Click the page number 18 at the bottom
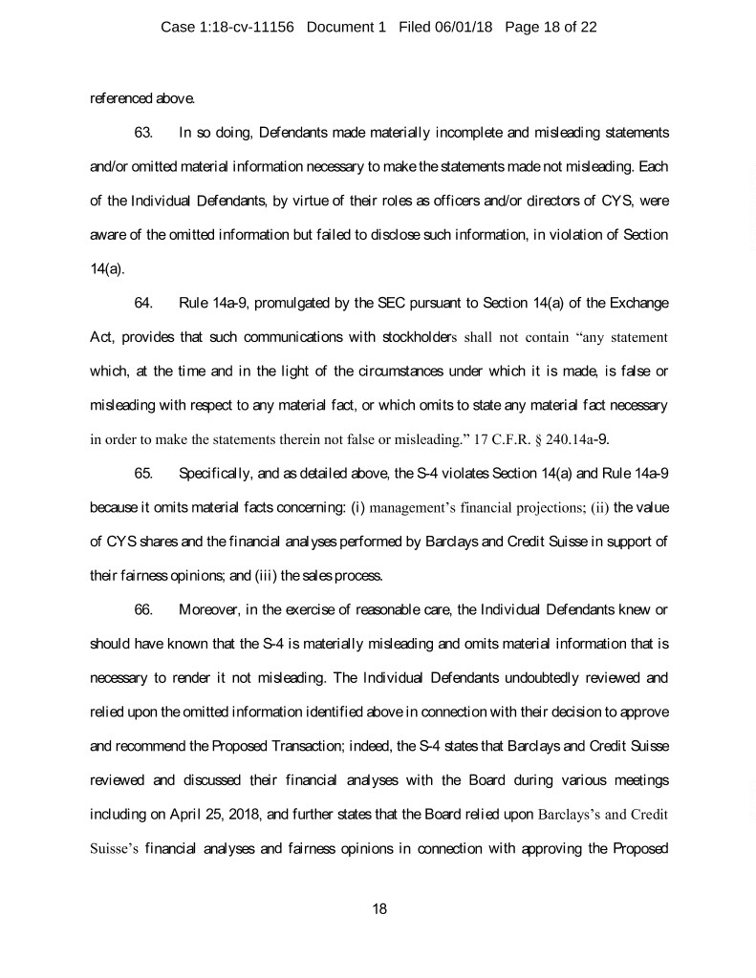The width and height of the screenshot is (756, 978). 378,908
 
